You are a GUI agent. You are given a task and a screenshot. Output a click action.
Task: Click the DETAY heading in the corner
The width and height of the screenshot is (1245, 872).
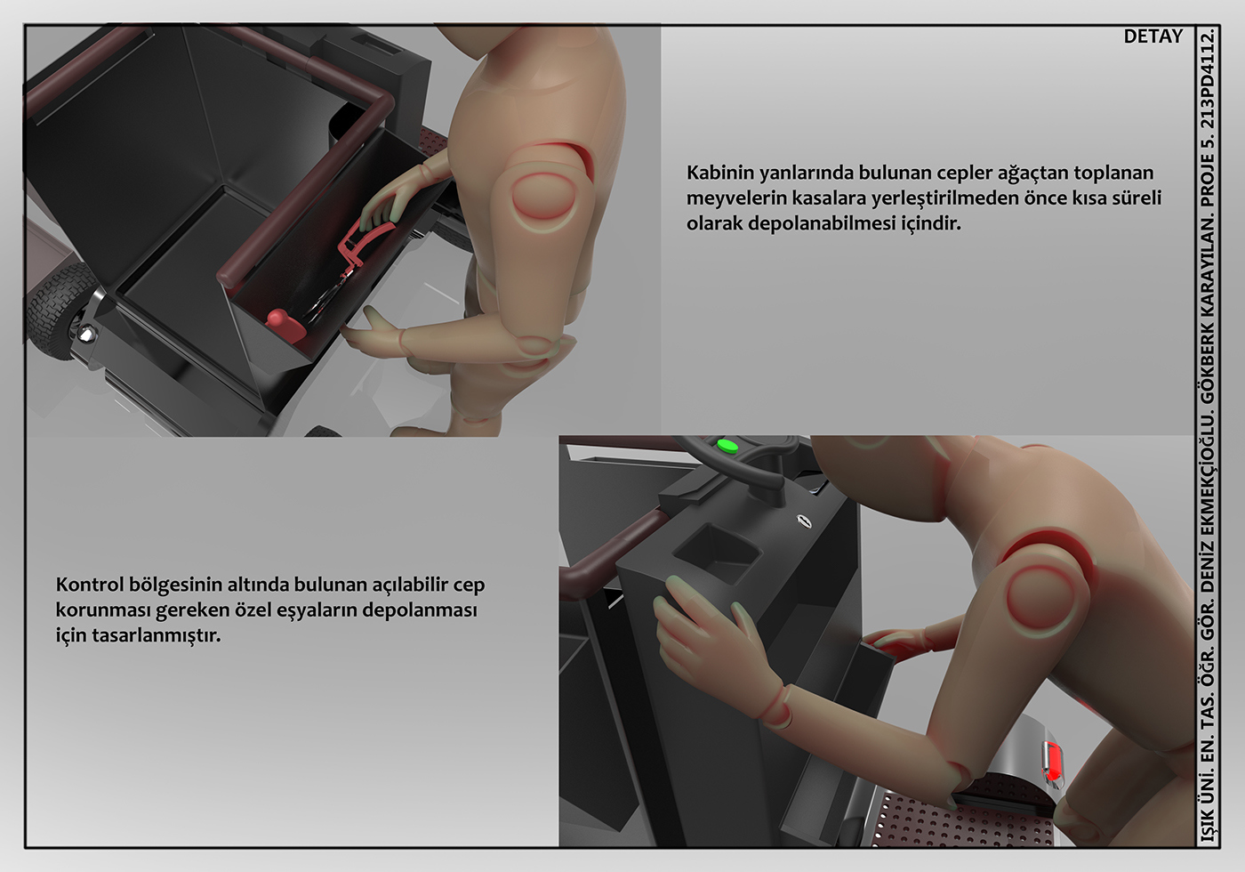tap(1153, 36)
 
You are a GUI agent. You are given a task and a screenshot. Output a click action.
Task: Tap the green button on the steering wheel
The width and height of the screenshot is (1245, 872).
tap(727, 446)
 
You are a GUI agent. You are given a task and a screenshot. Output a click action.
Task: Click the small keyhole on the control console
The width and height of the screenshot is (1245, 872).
tap(804, 521)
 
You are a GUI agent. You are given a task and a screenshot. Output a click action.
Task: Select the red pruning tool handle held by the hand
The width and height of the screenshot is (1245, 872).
tap(361, 239)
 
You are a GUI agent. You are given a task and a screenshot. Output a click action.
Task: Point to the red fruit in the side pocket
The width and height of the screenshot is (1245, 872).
tap(285, 327)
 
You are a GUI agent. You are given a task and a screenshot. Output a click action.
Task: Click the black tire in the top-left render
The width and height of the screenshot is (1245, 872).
tap(55, 311)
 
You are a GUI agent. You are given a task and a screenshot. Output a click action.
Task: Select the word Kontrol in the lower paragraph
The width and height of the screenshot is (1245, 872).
tap(90, 585)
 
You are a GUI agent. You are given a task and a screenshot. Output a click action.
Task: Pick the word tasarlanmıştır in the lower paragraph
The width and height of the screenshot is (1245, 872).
tap(157, 635)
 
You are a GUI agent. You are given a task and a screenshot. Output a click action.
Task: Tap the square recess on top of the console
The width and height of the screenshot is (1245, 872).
tap(717, 553)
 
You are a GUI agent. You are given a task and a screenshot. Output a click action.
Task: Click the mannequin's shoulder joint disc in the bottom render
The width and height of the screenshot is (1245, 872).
tap(1040, 601)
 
